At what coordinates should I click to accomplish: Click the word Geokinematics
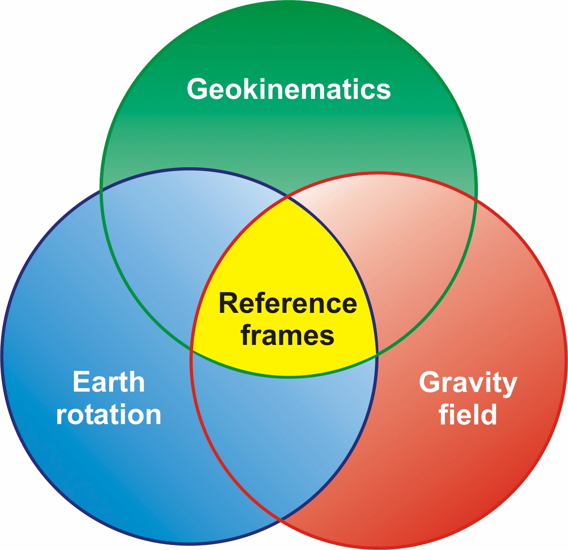(x=289, y=89)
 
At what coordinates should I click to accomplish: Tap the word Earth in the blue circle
(x=109, y=382)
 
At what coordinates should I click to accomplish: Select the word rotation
(x=109, y=415)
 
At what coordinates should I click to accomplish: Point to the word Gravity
(x=468, y=383)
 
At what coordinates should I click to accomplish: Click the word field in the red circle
(x=468, y=415)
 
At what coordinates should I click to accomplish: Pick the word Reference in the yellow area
(x=288, y=304)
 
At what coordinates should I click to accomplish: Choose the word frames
(x=288, y=335)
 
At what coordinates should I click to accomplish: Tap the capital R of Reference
(x=228, y=304)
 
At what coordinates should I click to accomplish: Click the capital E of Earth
(x=80, y=382)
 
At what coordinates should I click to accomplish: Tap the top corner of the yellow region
(x=288, y=197)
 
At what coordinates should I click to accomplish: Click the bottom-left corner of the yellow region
(x=192, y=350)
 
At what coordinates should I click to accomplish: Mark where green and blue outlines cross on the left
(x=101, y=190)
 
